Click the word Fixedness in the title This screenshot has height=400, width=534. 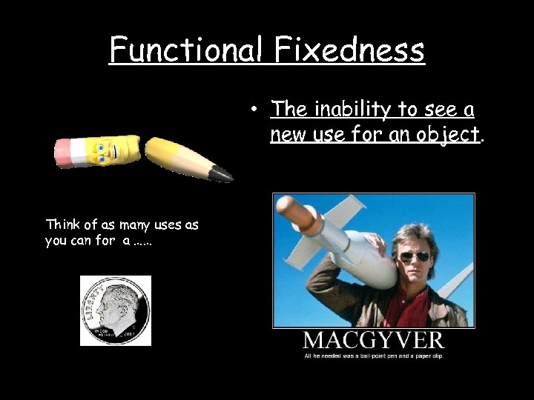(350, 50)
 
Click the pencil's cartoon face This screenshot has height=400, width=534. (105, 153)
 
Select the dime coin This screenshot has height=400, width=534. (115, 311)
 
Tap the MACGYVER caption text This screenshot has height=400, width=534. (373, 341)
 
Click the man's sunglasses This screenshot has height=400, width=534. (415, 256)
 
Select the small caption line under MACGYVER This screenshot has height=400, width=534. (373, 356)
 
